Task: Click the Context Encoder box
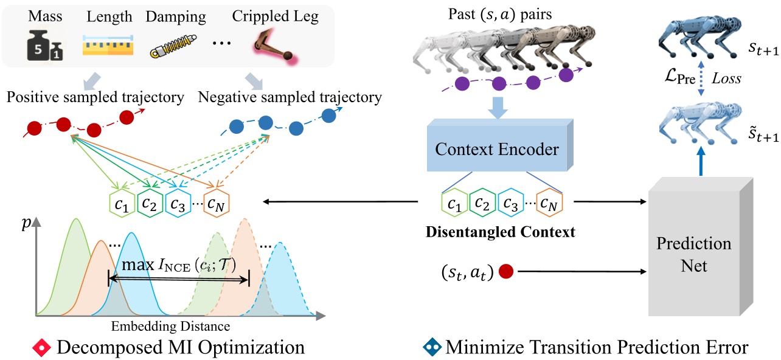pyautogui.click(x=498, y=148)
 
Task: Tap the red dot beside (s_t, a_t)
pyautogui.click(x=505, y=272)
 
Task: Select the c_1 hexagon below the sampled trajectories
pyautogui.click(x=120, y=204)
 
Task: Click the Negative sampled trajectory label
pyautogui.click(x=290, y=97)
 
